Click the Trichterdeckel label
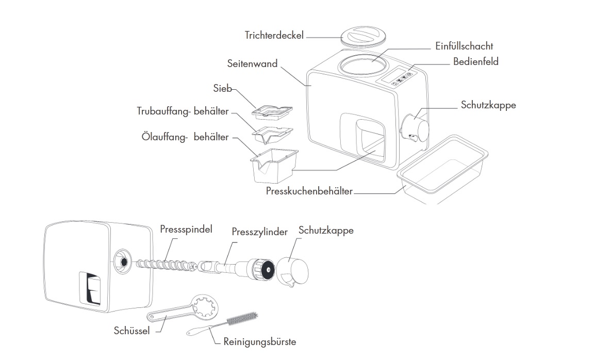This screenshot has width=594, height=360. coord(274,36)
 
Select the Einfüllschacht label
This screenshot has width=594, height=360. coord(464,46)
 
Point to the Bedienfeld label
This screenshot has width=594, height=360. coord(475,62)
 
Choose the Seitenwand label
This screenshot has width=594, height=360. coord(252,64)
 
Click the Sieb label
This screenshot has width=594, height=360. coord(223,88)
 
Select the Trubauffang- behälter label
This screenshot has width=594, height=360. coord(183,111)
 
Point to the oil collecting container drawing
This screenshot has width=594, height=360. coord(273,164)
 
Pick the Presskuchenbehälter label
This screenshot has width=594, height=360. coord(309,191)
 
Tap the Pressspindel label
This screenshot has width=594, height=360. coord(186,228)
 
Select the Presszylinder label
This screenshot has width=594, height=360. coord(259,232)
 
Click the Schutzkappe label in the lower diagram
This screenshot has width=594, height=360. coord(326,231)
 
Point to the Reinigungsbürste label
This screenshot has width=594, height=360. coord(260,342)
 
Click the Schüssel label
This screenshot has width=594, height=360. coord(131,331)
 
